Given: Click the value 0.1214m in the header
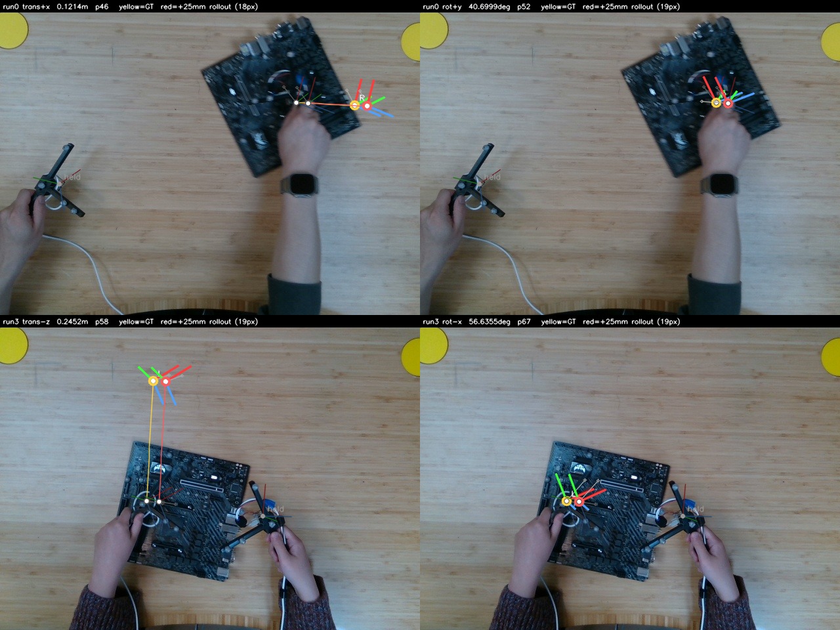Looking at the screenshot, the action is (x=72, y=7).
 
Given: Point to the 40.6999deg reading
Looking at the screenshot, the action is (x=489, y=7).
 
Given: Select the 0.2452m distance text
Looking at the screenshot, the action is (x=72, y=322).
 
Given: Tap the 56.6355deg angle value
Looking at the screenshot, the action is (x=490, y=322).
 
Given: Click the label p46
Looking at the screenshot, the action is (x=102, y=7).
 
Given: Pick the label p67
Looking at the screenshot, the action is (x=524, y=322).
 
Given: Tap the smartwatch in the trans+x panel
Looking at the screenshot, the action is (x=301, y=184).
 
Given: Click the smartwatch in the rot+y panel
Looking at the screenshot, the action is (x=720, y=185).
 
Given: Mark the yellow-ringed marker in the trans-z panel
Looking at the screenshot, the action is (x=153, y=381).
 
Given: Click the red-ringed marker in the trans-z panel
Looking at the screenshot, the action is (x=165, y=381).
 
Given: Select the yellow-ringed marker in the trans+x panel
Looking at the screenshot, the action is (x=355, y=105).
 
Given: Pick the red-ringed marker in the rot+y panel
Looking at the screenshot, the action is (x=728, y=103).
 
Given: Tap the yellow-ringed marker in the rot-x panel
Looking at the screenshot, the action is (x=566, y=501).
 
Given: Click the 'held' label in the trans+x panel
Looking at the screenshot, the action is (x=72, y=177).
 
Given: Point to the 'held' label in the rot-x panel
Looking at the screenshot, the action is (x=696, y=509).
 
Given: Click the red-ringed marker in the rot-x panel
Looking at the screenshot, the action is (x=579, y=501).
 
